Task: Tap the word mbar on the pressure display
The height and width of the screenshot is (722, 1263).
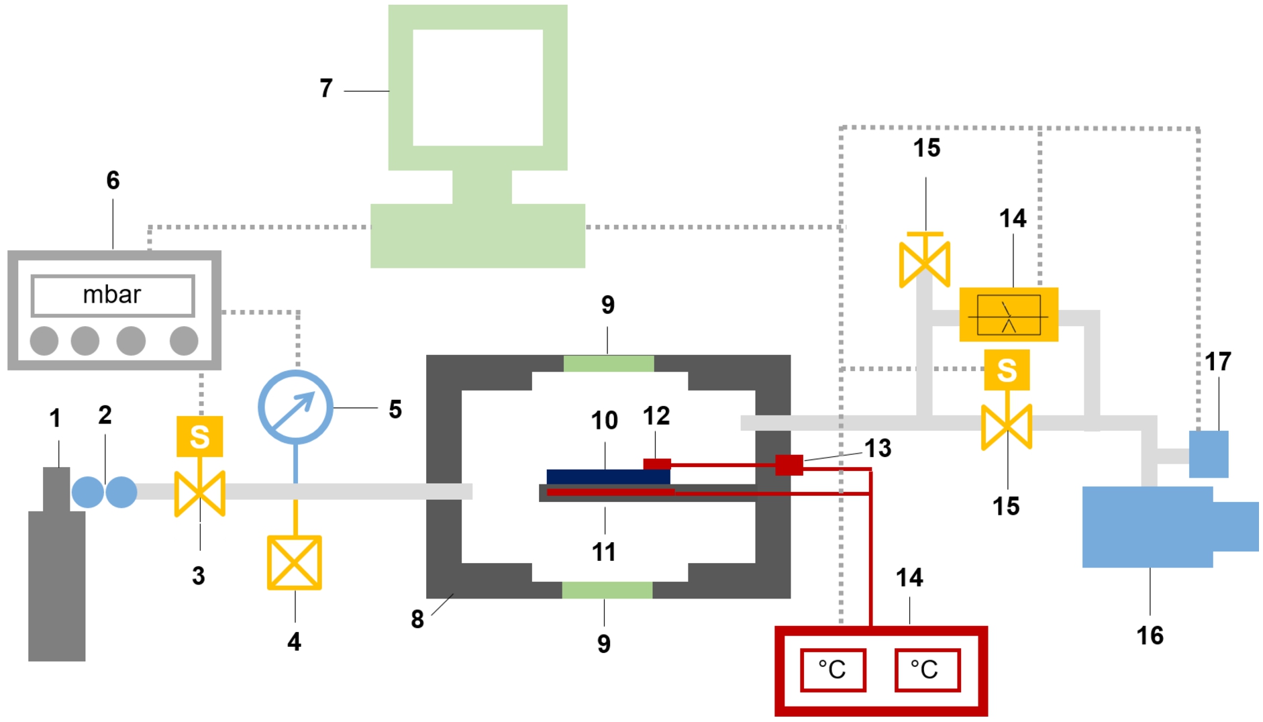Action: [x=112, y=295]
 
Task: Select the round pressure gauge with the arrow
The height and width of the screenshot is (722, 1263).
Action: [x=295, y=407]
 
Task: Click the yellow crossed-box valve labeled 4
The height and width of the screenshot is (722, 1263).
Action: [x=295, y=562]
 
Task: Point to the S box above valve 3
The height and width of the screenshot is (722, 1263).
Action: [x=200, y=437]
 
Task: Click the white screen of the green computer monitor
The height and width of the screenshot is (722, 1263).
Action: [x=478, y=88]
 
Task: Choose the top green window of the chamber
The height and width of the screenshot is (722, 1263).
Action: [x=609, y=364]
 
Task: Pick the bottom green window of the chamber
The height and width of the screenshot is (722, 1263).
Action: [x=607, y=590]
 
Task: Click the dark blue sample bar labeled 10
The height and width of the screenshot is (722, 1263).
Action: [x=609, y=476]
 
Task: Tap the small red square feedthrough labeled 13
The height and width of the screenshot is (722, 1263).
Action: [x=789, y=465]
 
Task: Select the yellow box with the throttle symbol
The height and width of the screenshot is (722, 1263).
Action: [x=1009, y=315]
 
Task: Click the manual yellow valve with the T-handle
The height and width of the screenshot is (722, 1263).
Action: [x=925, y=260]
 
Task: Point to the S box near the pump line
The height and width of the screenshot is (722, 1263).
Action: [x=1007, y=370]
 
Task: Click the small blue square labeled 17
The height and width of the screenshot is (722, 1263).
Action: [x=1209, y=454]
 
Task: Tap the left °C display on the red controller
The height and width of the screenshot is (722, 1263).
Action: [x=833, y=670]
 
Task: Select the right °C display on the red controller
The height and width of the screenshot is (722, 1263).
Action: [x=927, y=670]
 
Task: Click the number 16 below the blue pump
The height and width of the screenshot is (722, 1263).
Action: [x=1150, y=635]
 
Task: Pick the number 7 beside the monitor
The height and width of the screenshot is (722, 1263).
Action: [x=326, y=88]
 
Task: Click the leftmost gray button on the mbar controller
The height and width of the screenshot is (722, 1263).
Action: [x=44, y=341]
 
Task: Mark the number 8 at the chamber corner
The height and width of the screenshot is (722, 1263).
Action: [x=417, y=619]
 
